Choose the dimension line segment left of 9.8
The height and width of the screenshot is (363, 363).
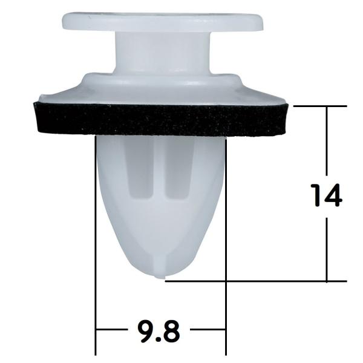113,330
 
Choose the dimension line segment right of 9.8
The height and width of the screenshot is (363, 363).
208,330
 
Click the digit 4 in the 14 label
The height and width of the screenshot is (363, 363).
335,195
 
